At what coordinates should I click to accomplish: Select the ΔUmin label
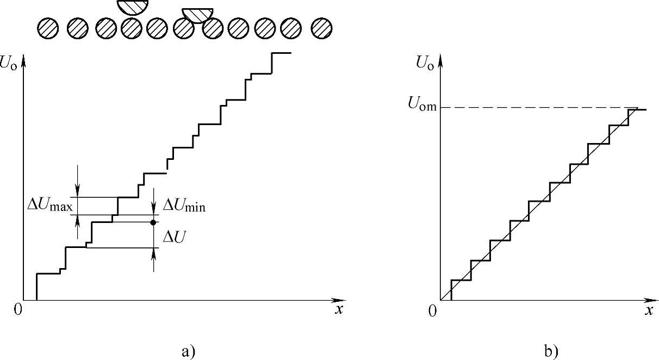184,206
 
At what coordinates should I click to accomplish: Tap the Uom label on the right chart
422,106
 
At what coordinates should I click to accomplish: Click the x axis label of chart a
339,310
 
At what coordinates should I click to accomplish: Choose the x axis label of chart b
648,311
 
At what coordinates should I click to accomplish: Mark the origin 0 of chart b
432,311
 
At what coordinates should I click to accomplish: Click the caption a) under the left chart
188,351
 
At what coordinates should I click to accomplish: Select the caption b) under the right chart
550,351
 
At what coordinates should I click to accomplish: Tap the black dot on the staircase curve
153,222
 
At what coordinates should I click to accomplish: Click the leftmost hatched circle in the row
48,28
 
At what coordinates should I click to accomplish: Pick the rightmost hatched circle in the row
322,28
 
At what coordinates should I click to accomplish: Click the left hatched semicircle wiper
133,6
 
